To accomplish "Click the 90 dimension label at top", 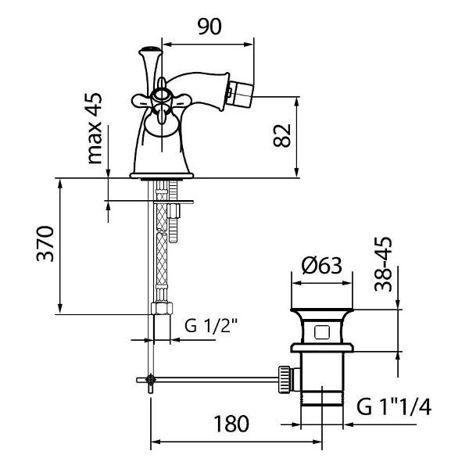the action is point(209,27).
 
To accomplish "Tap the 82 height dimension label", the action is point(281,135).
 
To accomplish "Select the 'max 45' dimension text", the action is point(95,129).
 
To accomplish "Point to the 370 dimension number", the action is point(45,244).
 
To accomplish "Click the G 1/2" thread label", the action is point(211,326).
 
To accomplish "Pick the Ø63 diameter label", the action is point(321,265).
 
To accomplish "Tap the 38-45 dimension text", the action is point(383,264).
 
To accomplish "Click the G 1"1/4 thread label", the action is point(394,406).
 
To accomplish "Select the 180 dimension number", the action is point(231,424).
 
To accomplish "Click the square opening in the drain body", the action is point(322,332).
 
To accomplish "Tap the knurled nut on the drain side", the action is point(285,379).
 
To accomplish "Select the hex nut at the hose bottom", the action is point(162,308).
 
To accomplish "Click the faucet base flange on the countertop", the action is point(162,176).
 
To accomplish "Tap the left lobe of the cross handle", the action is point(141,101).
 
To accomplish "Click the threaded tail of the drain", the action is point(322,398).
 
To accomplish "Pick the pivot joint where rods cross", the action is point(150,380).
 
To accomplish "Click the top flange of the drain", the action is point(322,310).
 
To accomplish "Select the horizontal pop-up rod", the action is point(208,380).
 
